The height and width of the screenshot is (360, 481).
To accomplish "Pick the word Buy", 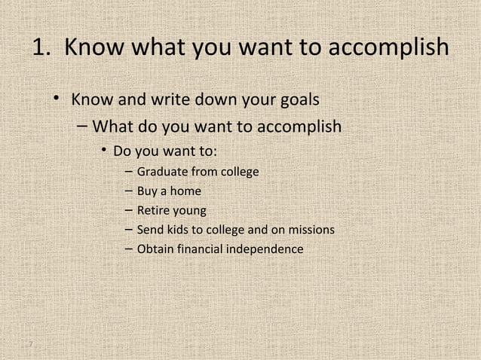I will click(x=146, y=192).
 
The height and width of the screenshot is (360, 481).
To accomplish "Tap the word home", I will click(x=185, y=192).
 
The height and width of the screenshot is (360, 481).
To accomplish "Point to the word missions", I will click(x=309, y=229).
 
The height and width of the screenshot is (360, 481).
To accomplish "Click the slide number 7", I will click(x=29, y=345).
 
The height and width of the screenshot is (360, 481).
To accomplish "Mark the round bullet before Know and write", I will click(x=56, y=100).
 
